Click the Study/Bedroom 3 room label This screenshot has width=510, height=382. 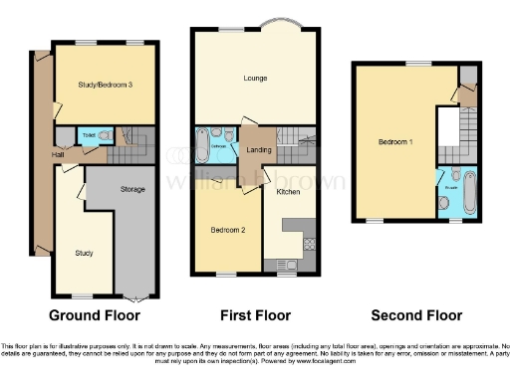106,85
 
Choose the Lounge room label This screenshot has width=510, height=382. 254,77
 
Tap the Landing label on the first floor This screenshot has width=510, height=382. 258,151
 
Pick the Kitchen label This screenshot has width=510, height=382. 289,191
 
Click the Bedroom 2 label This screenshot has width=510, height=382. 227,230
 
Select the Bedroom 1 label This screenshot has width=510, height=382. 395,142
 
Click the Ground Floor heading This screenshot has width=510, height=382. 101,315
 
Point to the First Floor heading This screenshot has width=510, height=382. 256,315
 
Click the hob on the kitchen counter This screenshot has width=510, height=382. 309,243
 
